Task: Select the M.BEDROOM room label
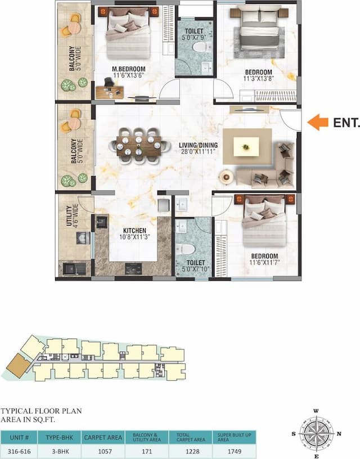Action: tap(128, 69)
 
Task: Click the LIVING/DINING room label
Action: tap(198, 146)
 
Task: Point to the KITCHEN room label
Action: tap(134, 231)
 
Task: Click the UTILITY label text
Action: tap(69, 217)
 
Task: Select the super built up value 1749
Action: tap(234, 451)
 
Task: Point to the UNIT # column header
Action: tap(20, 437)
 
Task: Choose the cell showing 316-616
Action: tap(20, 451)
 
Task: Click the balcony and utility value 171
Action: tap(146, 451)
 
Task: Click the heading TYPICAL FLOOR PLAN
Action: tap(41, 411)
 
